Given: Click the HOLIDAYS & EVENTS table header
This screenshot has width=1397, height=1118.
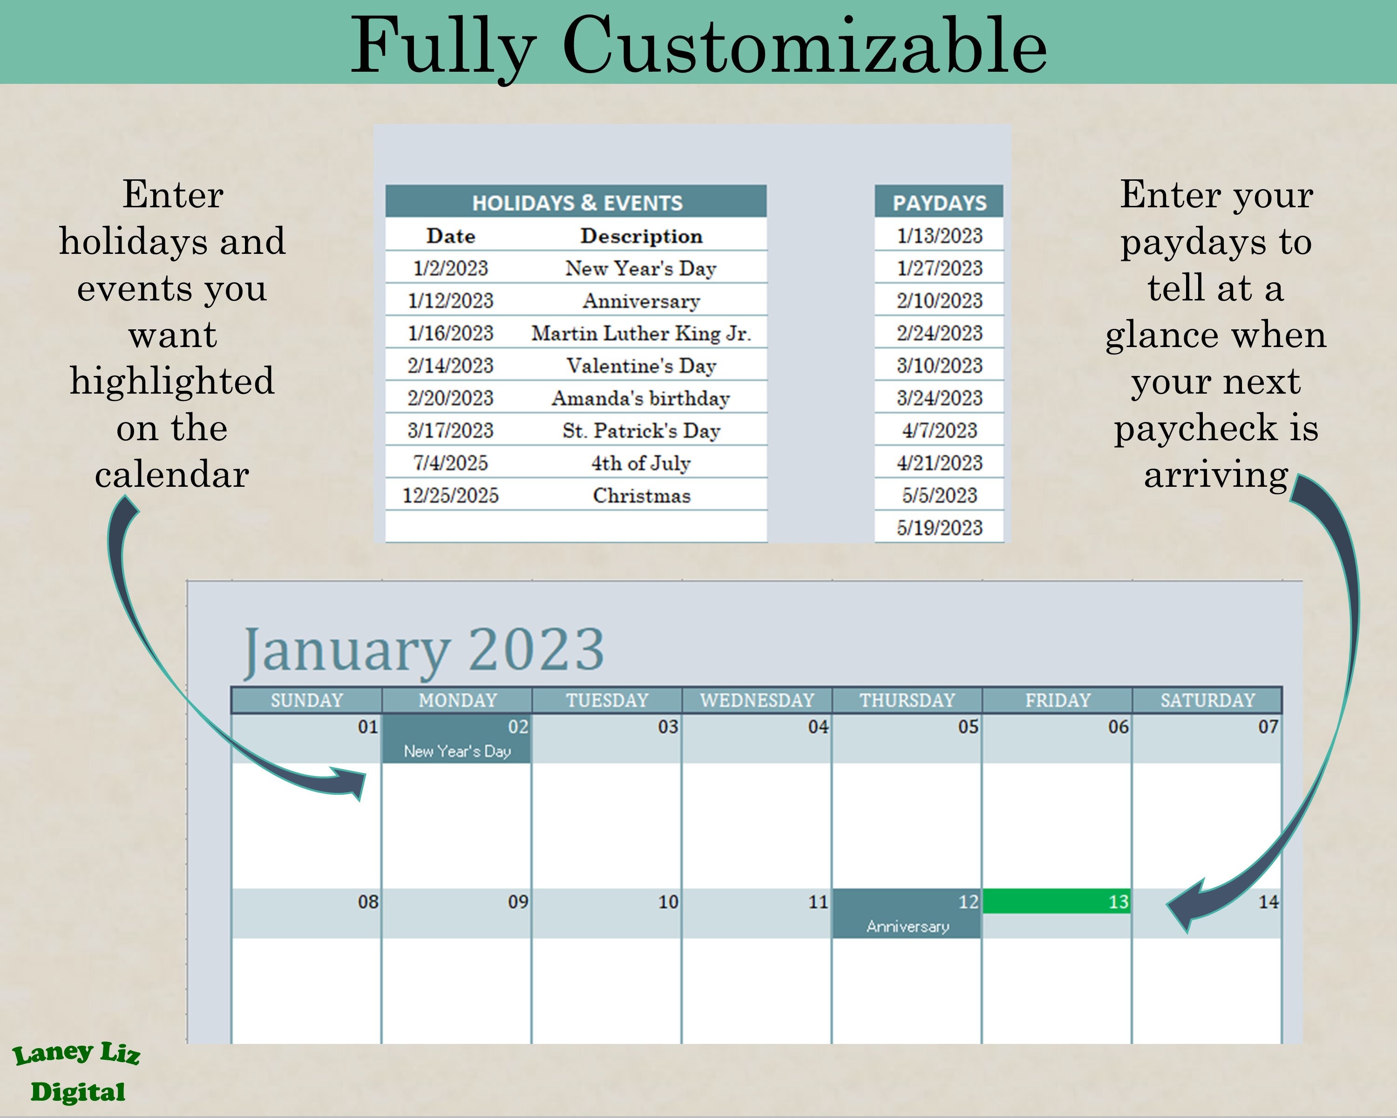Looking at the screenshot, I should click(576, 202).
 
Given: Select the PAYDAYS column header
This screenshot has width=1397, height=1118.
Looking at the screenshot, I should click(939, 202).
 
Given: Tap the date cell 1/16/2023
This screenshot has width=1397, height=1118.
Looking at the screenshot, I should click(450, 333).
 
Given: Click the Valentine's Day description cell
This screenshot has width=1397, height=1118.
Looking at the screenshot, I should click(641, 366).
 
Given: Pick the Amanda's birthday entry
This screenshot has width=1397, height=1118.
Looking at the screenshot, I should click(641, 398).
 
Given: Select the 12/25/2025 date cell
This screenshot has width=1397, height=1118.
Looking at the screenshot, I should click(450, 495).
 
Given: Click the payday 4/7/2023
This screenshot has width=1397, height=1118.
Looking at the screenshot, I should click(939, 430).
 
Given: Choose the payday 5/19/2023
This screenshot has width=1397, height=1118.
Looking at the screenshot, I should click(939, 528).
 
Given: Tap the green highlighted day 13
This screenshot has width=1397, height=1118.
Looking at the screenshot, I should click(1056, 901).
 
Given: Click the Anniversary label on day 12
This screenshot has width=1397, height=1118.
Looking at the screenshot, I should click(907, 926).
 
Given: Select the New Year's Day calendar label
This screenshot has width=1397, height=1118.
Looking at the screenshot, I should click(457, 751).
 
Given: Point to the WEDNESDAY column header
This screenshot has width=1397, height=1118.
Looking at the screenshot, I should click(757, 700).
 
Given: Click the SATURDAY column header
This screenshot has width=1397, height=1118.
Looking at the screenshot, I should click(1207, 700).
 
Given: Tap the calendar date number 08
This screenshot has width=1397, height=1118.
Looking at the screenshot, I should click(368, 901).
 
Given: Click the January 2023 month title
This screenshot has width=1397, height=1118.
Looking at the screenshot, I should click(423, 650).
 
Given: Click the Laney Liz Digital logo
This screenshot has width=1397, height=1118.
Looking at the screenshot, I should click(76, 1073).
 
